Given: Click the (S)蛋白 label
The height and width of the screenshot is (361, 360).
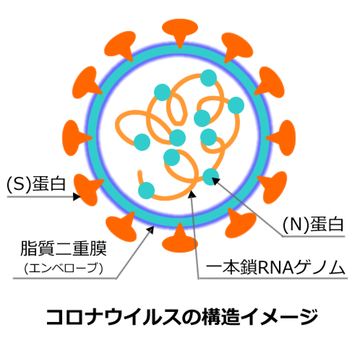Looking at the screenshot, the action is tap(36, 184).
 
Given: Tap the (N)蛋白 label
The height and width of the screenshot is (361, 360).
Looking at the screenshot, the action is tap(313, 225).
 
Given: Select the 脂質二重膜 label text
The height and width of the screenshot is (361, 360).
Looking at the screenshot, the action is tap(64, 248).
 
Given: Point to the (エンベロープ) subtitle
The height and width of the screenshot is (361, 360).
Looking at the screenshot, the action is tap(64, 268).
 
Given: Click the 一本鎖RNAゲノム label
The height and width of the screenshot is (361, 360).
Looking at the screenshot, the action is tap(275, 267).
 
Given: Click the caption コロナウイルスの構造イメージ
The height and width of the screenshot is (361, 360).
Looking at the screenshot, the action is tap(182, 317).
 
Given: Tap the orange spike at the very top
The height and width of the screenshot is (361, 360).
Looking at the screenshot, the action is tap(180, 32).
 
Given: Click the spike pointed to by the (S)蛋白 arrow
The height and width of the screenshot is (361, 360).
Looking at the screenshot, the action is tap(87, 189).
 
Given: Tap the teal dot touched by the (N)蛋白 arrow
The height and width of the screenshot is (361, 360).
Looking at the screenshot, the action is tap(210, 177).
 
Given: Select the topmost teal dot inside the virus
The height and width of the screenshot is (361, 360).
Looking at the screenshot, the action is tap(208, 78).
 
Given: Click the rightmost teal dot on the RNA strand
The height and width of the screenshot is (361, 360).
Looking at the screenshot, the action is tap(236, 105).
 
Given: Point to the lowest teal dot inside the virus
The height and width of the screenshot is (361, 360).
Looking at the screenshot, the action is tap(146, 191).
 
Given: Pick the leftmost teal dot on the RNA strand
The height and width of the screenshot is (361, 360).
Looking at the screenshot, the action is tap(142, 142).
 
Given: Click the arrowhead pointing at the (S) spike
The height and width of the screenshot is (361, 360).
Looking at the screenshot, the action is tap(77, 196).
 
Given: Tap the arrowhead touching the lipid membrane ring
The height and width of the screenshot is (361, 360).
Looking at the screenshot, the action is tap(150, 230).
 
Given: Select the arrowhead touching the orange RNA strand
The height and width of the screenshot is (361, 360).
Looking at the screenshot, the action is tap(192, 194).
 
